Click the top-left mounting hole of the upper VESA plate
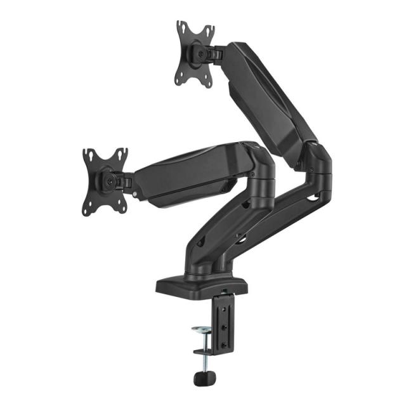coord(181,28)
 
